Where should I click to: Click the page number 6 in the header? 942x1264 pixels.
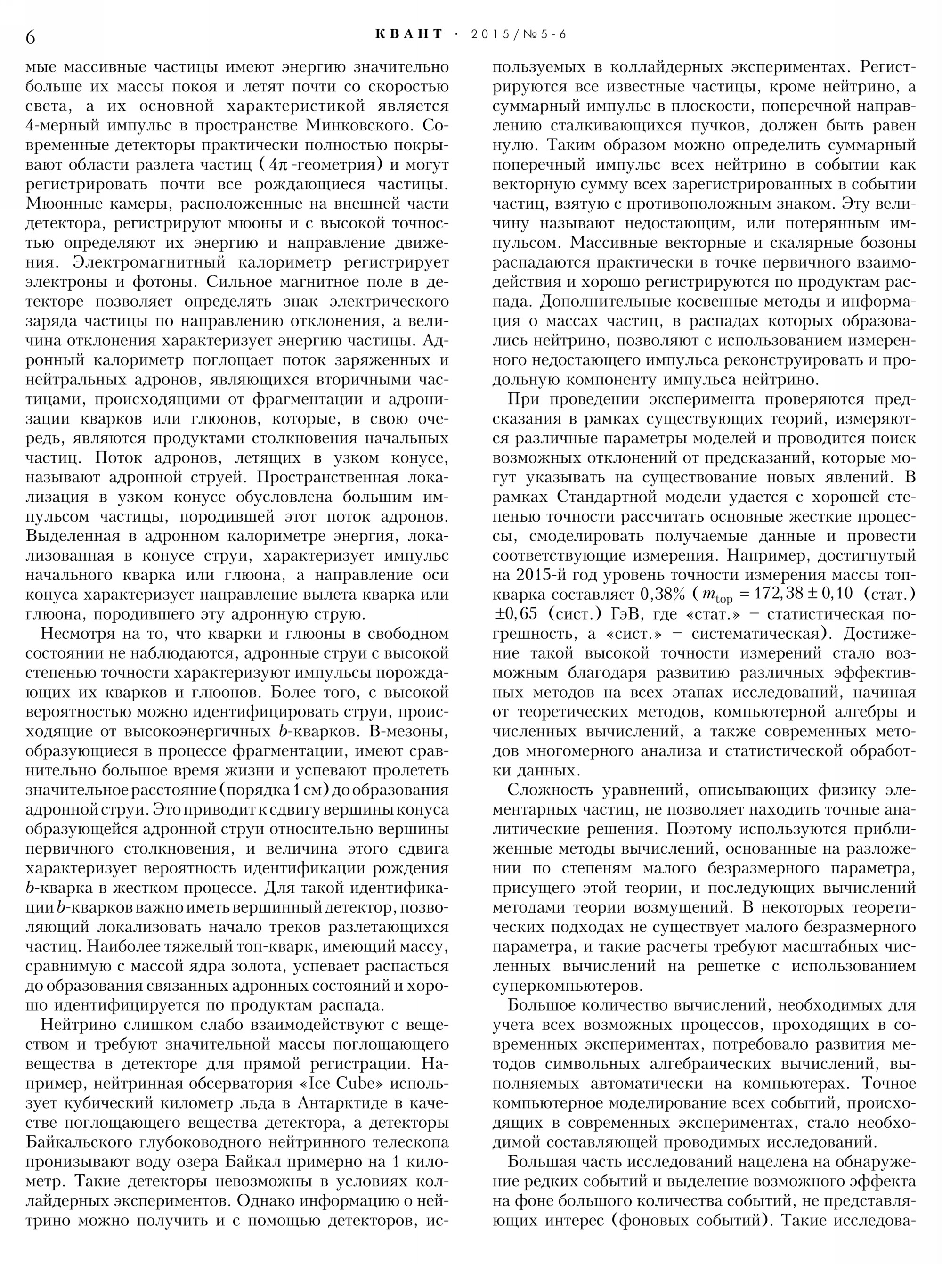(31, 37)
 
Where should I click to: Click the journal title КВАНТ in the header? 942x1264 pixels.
(409, 34)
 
